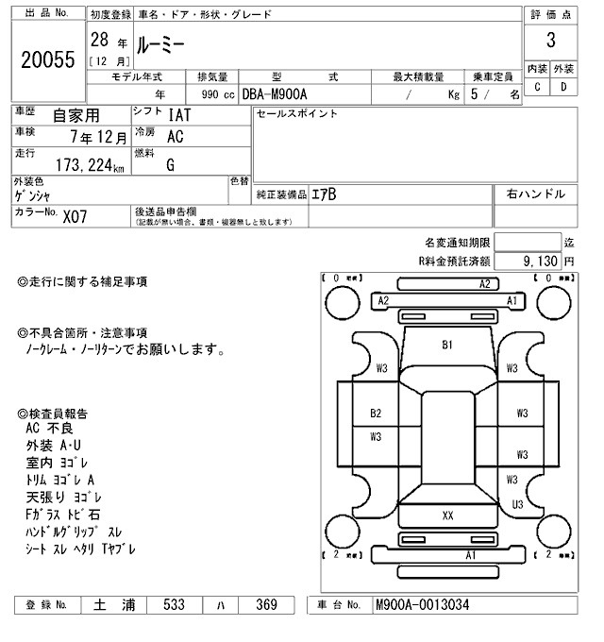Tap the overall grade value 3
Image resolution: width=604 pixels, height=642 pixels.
click(x=549, y=42)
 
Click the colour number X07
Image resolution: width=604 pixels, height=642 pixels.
click(x=76, y=215)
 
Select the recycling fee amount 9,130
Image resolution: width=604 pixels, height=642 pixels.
click(x=539, y=260)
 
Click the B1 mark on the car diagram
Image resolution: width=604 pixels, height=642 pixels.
click(x=448, y=345)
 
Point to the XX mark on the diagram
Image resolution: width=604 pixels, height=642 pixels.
click(x=448, y=515)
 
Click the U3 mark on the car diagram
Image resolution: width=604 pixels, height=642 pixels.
click(x=517, y=505)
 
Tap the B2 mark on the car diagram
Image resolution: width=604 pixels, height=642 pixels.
click(x=376, y=414)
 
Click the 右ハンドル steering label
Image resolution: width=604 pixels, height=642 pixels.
click(x=535, y=194)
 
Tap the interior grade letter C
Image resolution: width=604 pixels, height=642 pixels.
click(x=537, y=87)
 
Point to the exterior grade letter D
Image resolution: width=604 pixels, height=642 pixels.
click(x=563, y=87)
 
